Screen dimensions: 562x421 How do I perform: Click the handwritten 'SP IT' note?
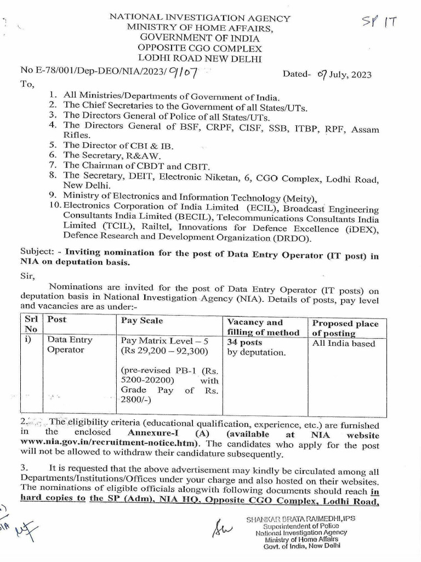[379, 22]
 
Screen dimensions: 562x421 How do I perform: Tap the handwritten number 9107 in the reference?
[184, 71]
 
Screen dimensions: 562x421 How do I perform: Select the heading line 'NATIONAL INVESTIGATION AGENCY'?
[200, 18]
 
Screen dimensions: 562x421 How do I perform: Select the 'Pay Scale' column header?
[142, 320]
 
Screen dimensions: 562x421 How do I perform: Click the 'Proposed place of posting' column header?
[345, 328]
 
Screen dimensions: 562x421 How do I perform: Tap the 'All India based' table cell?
[344, 344]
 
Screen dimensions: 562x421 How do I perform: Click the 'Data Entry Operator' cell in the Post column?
[70, 345]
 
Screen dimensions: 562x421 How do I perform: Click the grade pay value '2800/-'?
[136, 401]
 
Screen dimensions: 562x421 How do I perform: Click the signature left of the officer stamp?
[222, 530]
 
